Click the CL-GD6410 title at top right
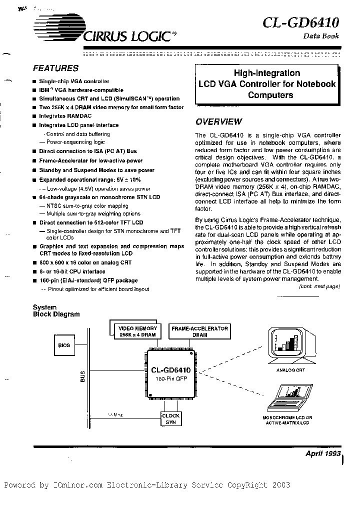click(x=301, y=22)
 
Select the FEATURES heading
click(x=55, y=68)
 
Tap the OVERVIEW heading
click(x=218, y=121)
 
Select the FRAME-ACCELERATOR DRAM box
click(x=199, y=331)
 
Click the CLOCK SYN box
click(x=170, y=419)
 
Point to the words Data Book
click(x=321, y=36)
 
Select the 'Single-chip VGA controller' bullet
click(x=74, y=81)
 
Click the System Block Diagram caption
click(x=56, y=310)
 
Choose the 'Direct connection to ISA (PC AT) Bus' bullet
click(x=87, y=151)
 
